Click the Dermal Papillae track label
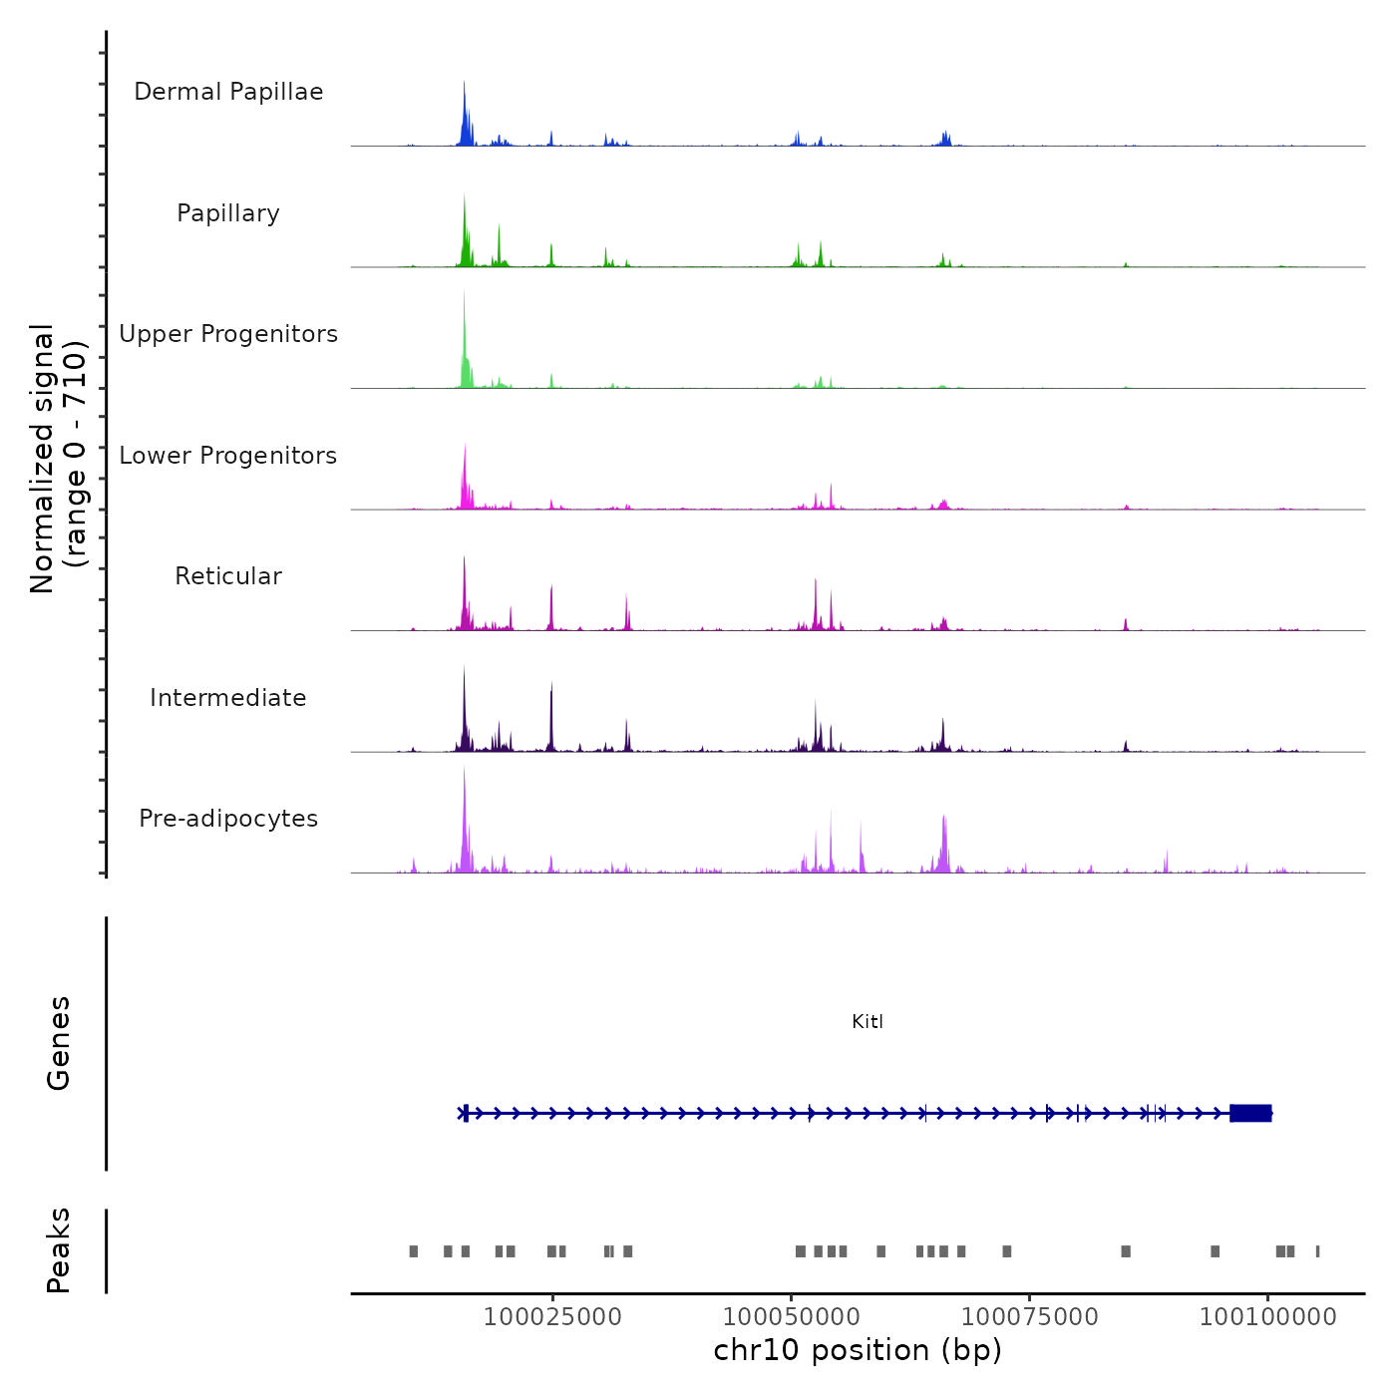point(228,92)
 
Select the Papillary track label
point(228,213)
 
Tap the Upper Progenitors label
point(228,334)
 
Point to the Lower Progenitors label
point(228,456)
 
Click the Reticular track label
point(228,576)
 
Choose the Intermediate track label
point(228,698)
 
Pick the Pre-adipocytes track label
point(228,819)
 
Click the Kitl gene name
point(868,1021)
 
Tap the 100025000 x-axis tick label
point(552,1316)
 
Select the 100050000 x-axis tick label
point(792,1316)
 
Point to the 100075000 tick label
point(1029,1316)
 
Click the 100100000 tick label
point(1267,1316)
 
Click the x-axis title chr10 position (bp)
point(858,1350)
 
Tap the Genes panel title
point(59,1043)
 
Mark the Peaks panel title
point(59,1250)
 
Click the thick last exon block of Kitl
point(1250,1113)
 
